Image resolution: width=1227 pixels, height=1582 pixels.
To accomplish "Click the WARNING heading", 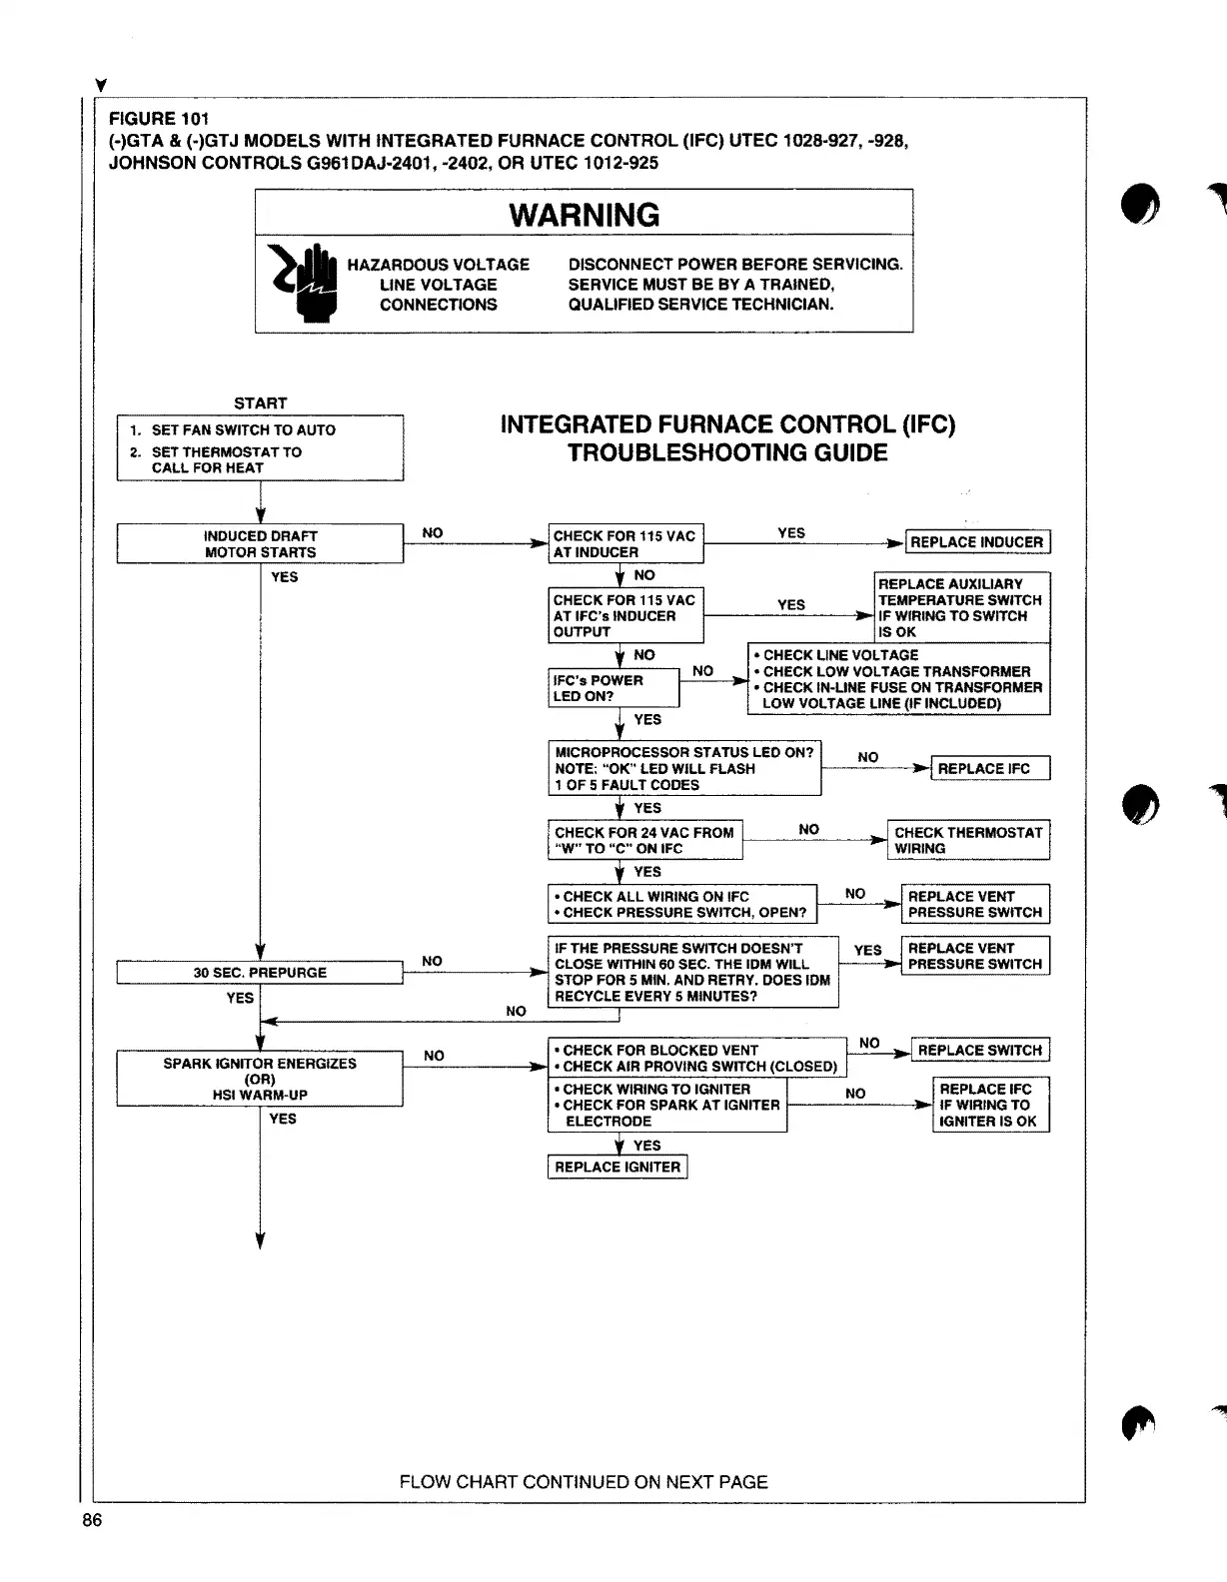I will tap(584, 215).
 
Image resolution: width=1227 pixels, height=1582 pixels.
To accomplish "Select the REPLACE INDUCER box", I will tap(976, 542).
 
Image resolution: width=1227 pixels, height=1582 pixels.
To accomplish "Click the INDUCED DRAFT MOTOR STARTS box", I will tap(260, 544).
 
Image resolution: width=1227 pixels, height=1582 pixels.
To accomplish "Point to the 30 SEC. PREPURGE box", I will tap(260, 973).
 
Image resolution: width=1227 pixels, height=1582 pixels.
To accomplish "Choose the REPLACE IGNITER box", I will tap(617, 1167).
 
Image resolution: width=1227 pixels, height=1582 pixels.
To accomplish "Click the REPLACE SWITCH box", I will tap(979, 1051).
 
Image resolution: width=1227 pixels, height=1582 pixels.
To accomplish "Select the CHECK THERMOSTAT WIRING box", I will tap(967, 840).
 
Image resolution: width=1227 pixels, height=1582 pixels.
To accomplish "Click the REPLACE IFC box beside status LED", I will tap(989, 769).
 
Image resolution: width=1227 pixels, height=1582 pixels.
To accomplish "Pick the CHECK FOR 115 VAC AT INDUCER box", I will tap(625, 544).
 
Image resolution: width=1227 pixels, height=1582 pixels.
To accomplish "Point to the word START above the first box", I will tap(260, 403).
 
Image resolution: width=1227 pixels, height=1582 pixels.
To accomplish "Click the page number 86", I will tap(92, 1520).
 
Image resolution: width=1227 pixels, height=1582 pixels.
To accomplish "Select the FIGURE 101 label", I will tap(159, 119).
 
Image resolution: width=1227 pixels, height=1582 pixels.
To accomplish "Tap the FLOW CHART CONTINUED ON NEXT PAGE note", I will tap(584, 1482).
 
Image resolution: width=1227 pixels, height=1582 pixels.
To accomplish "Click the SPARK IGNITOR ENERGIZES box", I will tap(260, 1079).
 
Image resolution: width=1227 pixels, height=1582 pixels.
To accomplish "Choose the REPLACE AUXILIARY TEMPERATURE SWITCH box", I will tap(961, 607).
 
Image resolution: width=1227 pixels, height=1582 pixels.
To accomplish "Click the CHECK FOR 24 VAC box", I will tap(644, 840).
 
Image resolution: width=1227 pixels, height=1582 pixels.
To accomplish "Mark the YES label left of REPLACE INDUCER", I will tap(791, 533).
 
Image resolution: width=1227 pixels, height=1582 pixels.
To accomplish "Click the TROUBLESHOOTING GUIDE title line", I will tap(727, 453).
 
